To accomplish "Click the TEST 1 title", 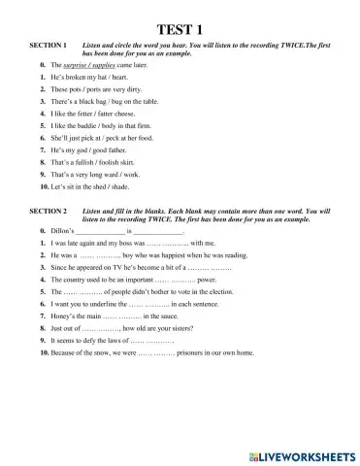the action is pyautogui.click(x=180, y=28).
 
